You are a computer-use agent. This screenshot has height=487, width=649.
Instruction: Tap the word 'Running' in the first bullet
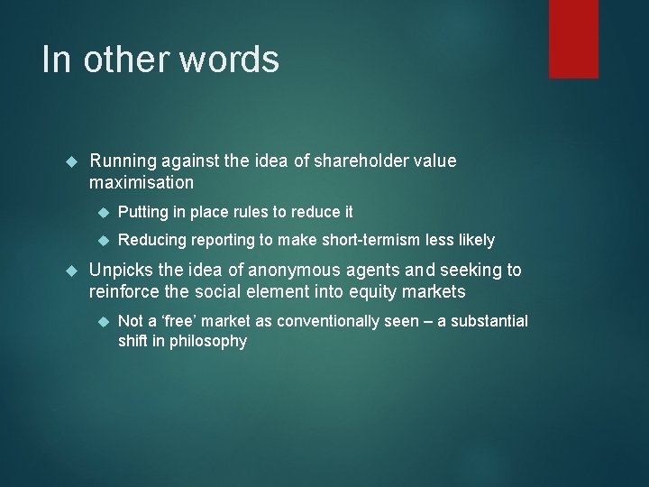[123, 161]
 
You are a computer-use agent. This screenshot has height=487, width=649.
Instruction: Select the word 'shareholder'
[361, 161]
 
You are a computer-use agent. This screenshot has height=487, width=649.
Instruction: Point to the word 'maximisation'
[142, 182]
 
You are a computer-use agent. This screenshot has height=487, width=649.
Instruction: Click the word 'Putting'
[145, 213]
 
